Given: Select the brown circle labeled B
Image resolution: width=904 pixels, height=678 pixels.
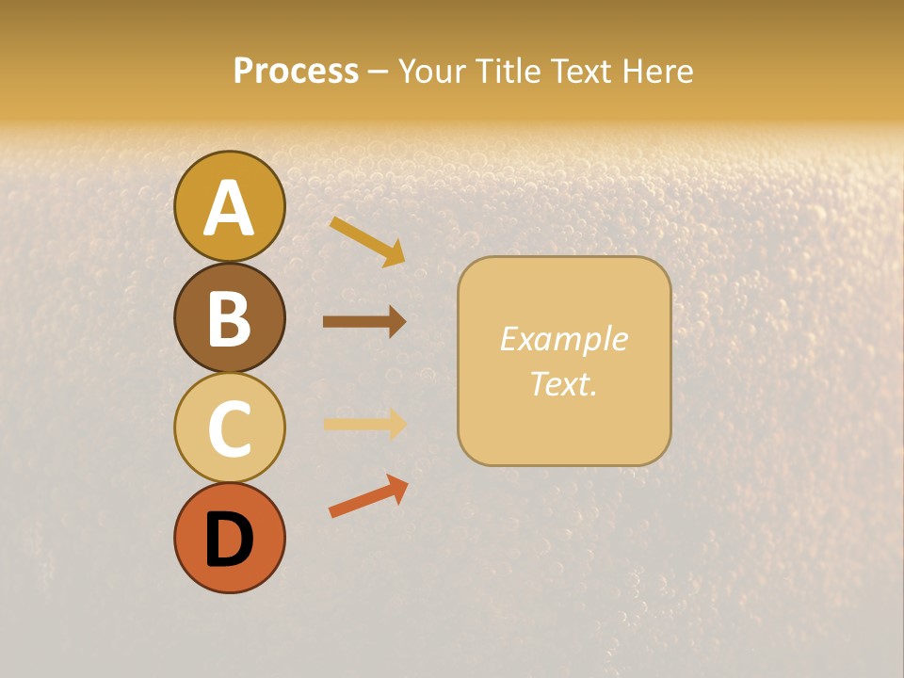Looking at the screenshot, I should (x=229, y=318).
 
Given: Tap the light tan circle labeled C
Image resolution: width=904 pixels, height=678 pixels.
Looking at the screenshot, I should (x=229, y=428).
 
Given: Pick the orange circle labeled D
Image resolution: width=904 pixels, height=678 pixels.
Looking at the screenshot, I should (x=229, y=538).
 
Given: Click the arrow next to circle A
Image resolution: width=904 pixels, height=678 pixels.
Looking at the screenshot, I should (x=367, y=240).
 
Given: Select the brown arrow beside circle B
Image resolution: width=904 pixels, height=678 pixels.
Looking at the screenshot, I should (x=364, y=321).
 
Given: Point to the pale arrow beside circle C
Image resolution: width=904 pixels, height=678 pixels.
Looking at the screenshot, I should (x=364, y=424).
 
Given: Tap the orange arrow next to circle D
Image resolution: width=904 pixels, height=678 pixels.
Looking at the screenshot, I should (x=368, y=496).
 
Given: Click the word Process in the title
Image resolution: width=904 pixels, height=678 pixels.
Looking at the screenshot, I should (x=296, y=72).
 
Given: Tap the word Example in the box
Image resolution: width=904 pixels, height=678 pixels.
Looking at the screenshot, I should (x=563, y=339).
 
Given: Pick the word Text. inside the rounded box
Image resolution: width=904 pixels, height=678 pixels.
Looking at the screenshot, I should (x=563, y=383).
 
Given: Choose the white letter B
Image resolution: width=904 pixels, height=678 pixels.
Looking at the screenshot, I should (x=229, y=318).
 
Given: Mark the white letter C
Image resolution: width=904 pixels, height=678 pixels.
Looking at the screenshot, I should (x=229, y=428).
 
